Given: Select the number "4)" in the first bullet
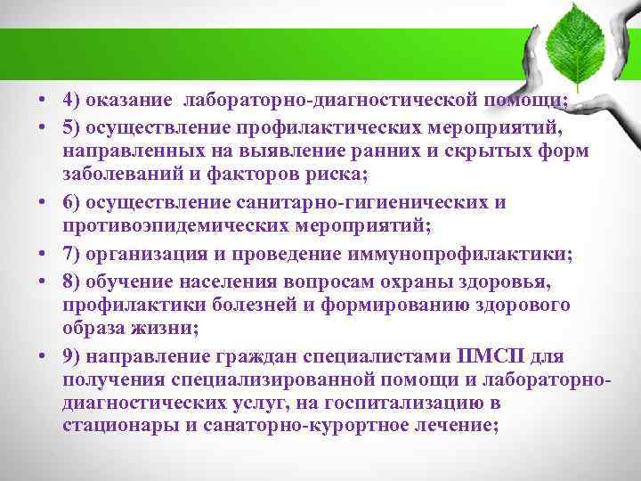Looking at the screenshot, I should tap(73, 100).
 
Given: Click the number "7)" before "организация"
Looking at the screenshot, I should tap(73, 254).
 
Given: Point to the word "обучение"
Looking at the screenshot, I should tap(131, 280).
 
